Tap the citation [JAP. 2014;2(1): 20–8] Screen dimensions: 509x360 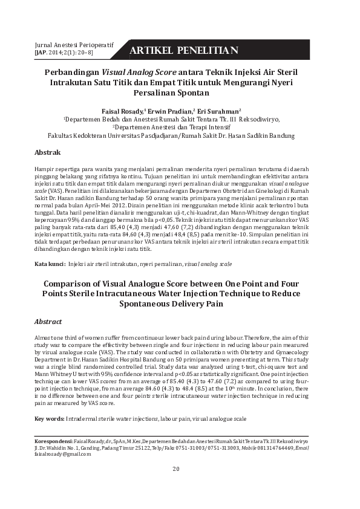[x=64, y=53]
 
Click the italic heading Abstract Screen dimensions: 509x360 [x=48, y=322]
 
